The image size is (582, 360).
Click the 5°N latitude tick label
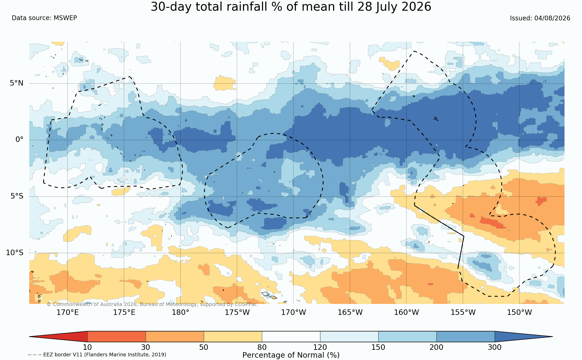pyautogui.click(x=17, y=83)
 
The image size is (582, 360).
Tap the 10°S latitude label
pyautogui.click(x=15, y=253)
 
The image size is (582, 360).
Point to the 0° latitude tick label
pyautogui.click(x=20, y=140)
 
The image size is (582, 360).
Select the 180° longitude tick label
pyautogui.click(x=180, y=312)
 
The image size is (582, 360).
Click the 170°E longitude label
pyautogui.click(x=68, y=312)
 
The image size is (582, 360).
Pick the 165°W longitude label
pyautogui.click(x=350, y=312)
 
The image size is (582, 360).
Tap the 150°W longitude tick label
pyautogui.click(x=519, y=312)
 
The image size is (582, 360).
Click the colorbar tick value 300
pyautogui.click(x=495, y=347)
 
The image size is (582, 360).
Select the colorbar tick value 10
pyautogui.click(x=87, y=347)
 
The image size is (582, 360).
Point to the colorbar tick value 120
pyautogui.click(x=320, y=347)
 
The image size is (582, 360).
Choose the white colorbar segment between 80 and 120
pyautogui.click(x=291, y=337)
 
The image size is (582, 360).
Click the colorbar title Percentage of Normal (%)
pyautogui.click(x=291, y=355)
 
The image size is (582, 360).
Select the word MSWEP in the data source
pyautogui.click(x=65, y=18)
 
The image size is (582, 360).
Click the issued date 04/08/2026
pyautogui.click(x=552, y=18)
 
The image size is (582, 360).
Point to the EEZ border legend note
pyautogui.click(x=97, y=355)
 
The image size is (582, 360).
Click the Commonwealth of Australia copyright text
pyautogui.click(x=152, y=304)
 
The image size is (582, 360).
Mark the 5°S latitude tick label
pyautogui.click(x=17, y=196)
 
